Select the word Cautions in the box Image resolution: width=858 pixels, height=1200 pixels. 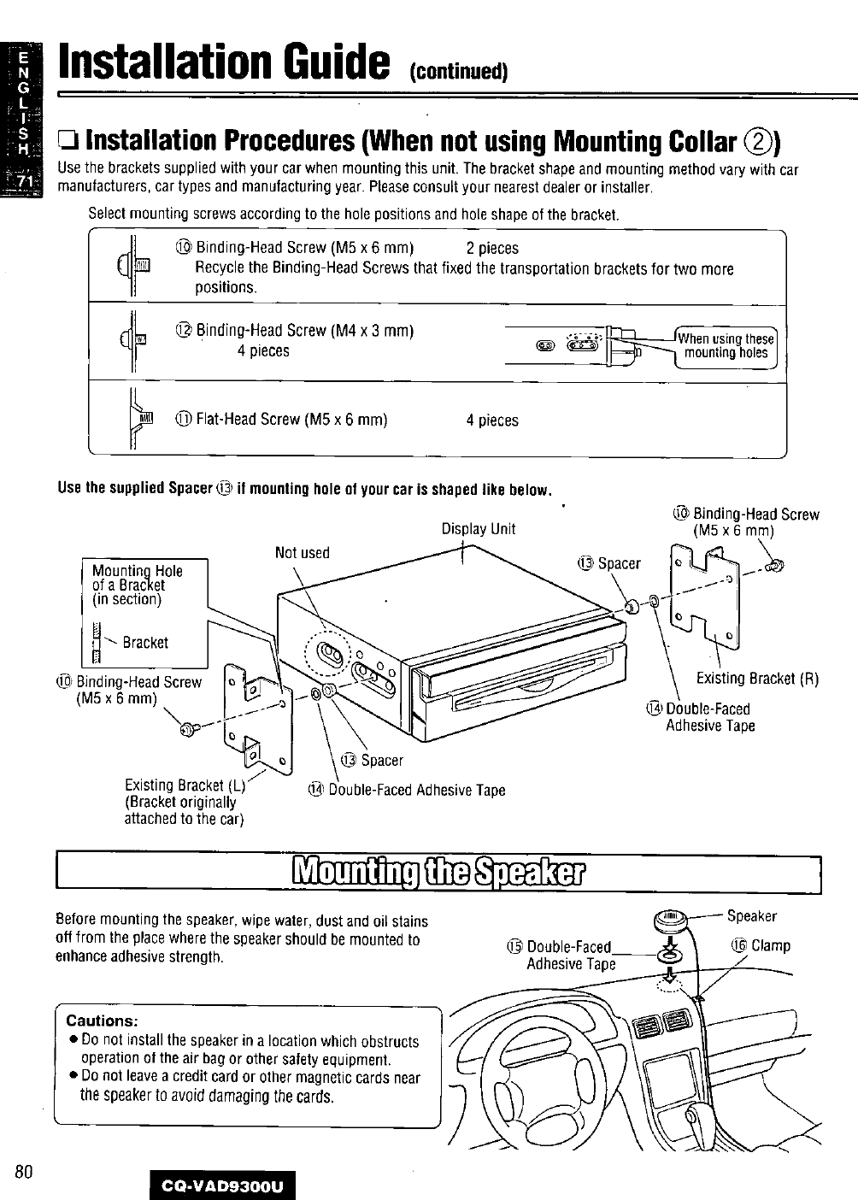point(103,1021)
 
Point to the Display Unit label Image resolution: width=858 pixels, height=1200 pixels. point(478,529)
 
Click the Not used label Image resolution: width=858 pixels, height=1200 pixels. point(302,553)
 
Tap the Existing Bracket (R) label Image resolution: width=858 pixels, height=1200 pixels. point(757,679)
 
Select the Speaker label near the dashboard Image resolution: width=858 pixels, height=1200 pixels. point(751,916)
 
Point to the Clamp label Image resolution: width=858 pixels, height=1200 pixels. point(770,946)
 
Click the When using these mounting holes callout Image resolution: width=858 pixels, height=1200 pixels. point(726,345)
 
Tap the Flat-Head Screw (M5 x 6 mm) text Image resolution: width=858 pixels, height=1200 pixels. point(291,420)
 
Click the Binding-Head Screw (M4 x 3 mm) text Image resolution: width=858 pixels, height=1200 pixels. point(304,331)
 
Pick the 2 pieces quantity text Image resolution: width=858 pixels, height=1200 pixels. point(492,249)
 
